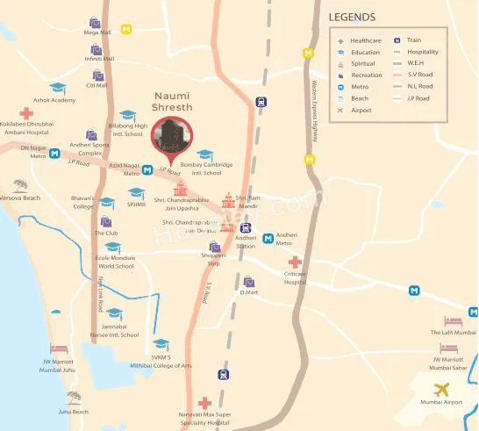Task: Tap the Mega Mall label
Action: [97, 32]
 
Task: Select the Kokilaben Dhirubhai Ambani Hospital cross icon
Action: [26, 113]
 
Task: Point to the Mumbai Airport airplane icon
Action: [440, 389]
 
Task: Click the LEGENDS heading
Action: [351, 17]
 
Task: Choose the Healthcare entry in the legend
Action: [365, 40]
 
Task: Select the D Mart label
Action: [250, 292]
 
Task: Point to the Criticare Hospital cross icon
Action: [295, 262]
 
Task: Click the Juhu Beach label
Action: [74, 411]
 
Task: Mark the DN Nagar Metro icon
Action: [55, 154]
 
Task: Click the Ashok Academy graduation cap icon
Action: [58, 89]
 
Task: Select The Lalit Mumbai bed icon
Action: [452, 322]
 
